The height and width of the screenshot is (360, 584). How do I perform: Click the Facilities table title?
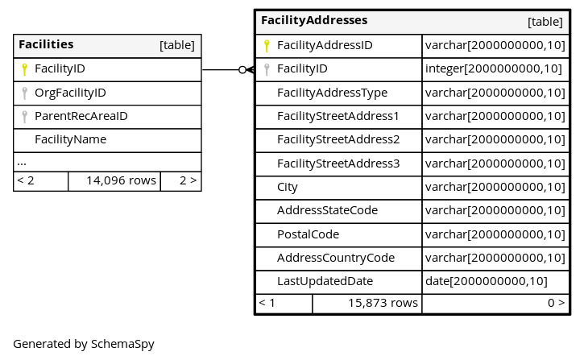[x=46, y=44]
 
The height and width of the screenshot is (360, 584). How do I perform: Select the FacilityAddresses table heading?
[x=314, y=20]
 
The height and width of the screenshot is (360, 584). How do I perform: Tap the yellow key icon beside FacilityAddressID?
[x=267, y=45]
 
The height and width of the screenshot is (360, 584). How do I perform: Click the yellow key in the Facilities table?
[x=25, y=69]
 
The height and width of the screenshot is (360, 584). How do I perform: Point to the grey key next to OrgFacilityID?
[x=25, y=93]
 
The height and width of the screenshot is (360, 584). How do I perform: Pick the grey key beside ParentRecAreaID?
[x=25, y=117]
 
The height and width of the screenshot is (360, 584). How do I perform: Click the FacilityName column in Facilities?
[x=70, y=139]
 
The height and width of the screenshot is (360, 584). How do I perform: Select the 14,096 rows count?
[x=121, y=180]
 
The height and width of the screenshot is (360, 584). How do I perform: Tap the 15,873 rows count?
[x=383, y=303]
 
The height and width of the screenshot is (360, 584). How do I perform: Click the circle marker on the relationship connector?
[x=242, y=69]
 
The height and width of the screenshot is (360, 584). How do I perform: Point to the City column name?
[x=287, y=188]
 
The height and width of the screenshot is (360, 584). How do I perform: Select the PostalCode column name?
[x=308, y=234]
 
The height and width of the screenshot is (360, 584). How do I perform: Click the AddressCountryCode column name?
[x=336, y=258]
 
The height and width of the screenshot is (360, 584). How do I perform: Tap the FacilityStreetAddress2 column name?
[x=338, y=139]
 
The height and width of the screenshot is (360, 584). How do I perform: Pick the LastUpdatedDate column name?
[x=325, y=281]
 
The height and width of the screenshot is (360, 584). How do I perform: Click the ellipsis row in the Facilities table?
[x=22, y=163]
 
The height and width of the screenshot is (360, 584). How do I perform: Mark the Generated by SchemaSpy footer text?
[x=84, y=344]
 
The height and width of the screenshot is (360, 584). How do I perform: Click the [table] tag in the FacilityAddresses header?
[x=545, y=22]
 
